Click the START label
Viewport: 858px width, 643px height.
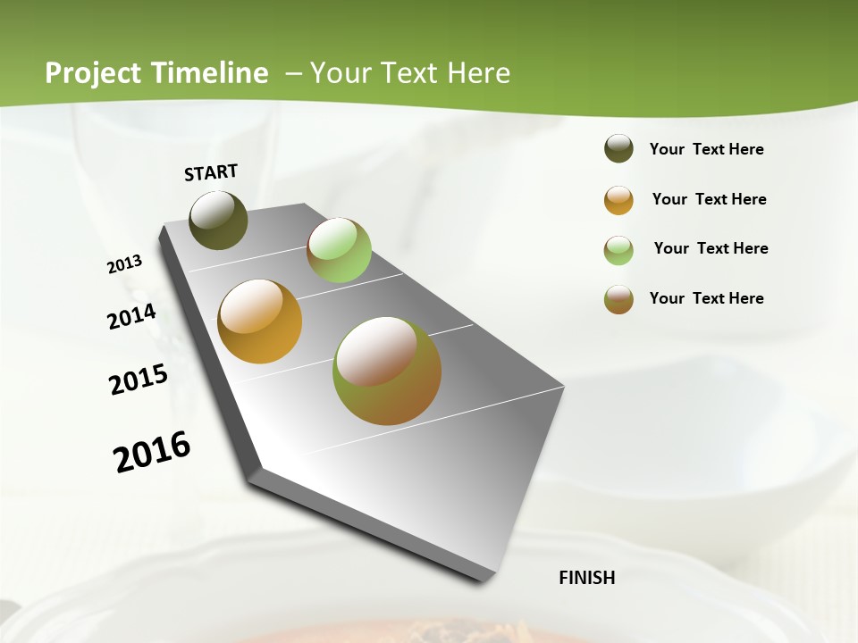211,172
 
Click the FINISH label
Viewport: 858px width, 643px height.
586,578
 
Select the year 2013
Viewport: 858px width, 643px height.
124,264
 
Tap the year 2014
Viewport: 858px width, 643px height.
131,317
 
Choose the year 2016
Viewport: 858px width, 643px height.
152,452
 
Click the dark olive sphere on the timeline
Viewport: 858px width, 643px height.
218,220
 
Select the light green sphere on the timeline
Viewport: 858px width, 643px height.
339,250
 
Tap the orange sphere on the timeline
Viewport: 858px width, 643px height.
260,321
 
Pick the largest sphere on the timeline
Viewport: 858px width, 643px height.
387,371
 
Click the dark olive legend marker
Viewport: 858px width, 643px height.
618,149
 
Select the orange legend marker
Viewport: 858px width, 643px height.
618,200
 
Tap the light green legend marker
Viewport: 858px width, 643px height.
618,250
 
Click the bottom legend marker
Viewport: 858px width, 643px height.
618,299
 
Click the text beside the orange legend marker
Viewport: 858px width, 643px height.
709,199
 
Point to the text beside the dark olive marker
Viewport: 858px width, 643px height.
706,149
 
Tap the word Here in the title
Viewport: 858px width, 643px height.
478,73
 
